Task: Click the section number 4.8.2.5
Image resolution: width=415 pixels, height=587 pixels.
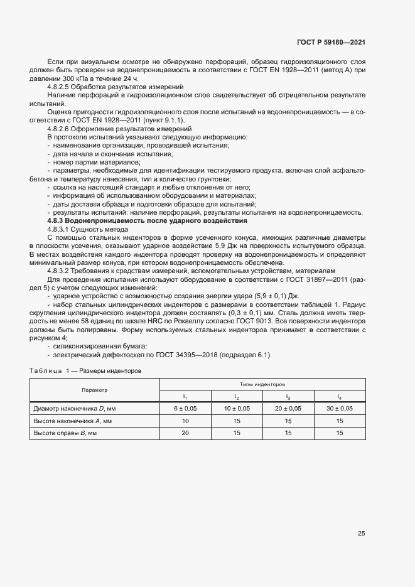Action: [60, 87]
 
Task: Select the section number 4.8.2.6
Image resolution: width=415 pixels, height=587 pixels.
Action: [60, 128]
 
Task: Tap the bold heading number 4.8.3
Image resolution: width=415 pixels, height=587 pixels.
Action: [60, 221]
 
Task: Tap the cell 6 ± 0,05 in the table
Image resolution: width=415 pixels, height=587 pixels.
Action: [185, 409]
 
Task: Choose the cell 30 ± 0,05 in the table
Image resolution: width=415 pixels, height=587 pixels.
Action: [340, 409]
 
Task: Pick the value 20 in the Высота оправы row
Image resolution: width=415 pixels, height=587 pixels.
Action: [185, 433]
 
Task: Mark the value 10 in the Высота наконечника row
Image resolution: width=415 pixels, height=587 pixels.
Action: [185, 421]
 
